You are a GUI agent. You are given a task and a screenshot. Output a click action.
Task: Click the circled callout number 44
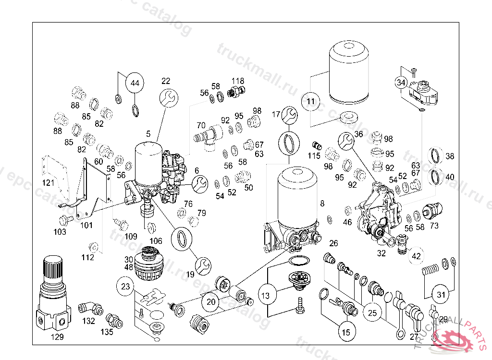135,83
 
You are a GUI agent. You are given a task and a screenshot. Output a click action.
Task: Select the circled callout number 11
311,101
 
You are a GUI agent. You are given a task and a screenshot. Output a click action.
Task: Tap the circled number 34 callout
401,82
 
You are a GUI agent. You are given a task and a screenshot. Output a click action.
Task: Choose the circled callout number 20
211,302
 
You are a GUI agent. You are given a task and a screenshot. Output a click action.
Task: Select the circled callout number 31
442,293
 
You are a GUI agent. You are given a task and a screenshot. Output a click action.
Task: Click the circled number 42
416,256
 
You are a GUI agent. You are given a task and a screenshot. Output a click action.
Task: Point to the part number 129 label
57,337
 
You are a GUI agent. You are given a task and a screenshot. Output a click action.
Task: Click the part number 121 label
48,183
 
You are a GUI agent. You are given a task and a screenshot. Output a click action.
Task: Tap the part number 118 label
238,81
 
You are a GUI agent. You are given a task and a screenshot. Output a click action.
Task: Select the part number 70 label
201,125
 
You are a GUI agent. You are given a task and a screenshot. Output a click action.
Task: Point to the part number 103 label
60,232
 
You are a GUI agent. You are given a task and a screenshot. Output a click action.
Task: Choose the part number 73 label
434,226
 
